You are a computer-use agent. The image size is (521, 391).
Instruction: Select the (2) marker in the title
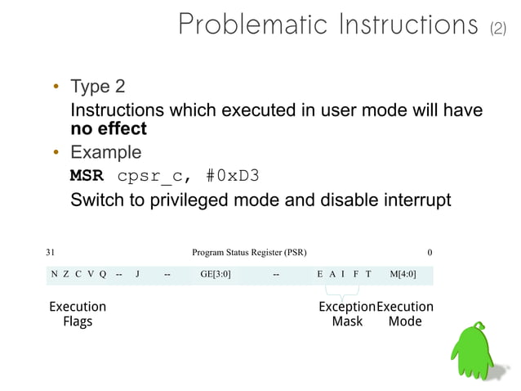(x=497, y=29)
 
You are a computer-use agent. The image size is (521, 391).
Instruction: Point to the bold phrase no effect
(x=109, y=128)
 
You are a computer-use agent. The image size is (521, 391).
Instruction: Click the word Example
(x=105, y=152)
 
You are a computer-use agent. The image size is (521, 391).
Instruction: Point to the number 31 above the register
(x=51, y=253)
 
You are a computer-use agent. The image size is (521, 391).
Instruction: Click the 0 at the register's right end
(x=430, y=253)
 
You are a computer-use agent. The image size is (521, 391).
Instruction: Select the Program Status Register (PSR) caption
(x=249, y=253)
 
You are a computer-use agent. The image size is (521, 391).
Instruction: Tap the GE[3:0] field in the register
(x=216, y=275)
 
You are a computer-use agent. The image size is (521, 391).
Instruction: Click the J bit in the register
(x=137, y=275)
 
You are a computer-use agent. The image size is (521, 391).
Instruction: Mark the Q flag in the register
(x=103, y=275)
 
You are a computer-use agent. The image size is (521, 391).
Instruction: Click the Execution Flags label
(x=78, y=314)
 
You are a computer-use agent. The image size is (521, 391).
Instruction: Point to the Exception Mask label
(x=346, y=314)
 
